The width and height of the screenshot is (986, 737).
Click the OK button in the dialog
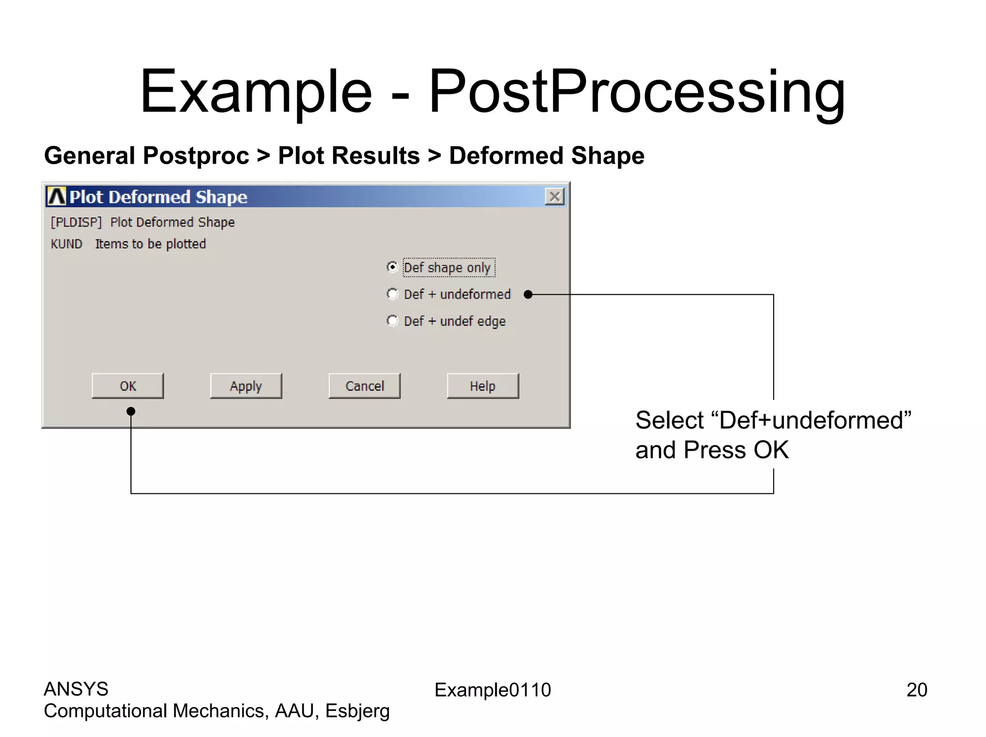(128, 386)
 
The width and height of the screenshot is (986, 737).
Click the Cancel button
(364, 386)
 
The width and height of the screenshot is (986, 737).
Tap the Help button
(482, 386)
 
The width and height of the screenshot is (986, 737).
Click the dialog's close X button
(555, 196)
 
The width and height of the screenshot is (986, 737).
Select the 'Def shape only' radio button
(393, 267)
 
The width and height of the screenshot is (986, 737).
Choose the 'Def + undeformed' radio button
(393, 294)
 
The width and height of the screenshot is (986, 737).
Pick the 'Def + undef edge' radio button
(393, 321)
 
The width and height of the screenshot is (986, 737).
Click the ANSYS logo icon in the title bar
(56, 197)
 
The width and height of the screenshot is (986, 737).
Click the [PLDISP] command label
(76, 222)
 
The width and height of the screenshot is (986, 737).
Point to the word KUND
(66, 244)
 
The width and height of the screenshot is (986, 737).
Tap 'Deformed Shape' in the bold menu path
(546, 156)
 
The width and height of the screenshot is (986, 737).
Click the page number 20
(916, 690)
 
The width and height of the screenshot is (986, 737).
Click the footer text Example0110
(493, 690)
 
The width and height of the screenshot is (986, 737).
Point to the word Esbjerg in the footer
(357, 711)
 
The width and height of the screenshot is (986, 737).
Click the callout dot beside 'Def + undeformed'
(528, 295)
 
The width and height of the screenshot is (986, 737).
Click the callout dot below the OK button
(130, 411)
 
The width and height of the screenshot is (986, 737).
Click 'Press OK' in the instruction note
(736, 450)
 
